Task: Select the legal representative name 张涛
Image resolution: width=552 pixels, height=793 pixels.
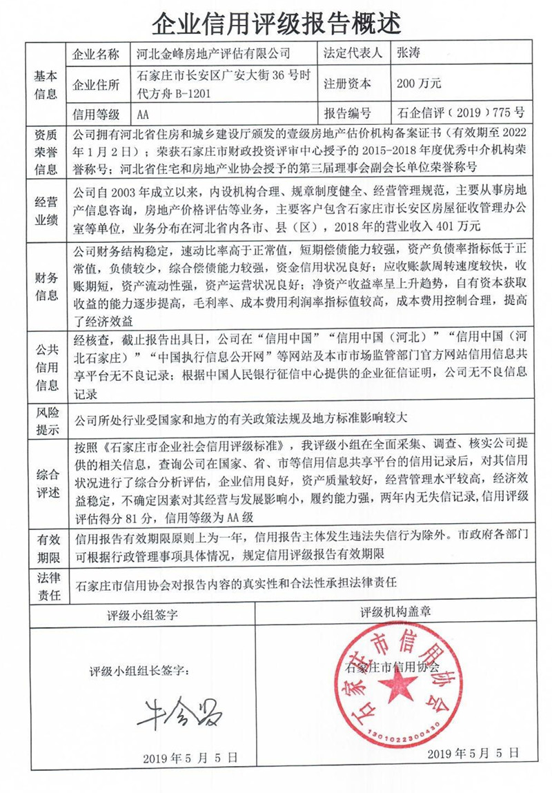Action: click(x=407, y=52)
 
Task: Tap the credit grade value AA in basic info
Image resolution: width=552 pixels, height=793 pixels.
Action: click(x=143, y=114)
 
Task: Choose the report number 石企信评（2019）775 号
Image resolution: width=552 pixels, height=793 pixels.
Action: click(x=461, y=114)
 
